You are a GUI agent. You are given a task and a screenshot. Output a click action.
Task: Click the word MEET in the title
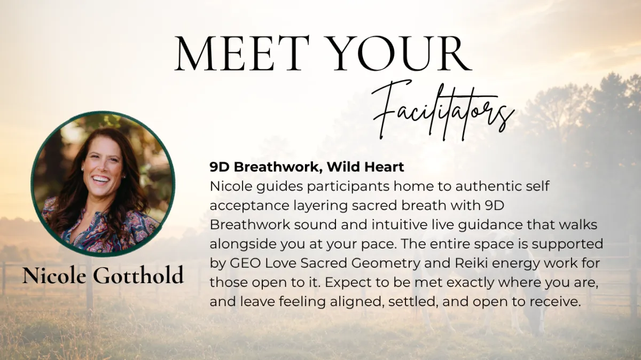pos(242,53)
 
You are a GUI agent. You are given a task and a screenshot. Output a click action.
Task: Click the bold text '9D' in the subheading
pos(220,167)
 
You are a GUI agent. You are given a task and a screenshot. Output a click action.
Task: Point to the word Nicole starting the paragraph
pos(231,186)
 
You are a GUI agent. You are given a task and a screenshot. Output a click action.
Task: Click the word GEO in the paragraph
pos(246,263)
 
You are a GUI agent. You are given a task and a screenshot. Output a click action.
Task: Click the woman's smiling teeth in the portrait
pos(101,179)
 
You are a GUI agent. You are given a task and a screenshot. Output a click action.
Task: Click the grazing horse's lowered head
pos(535,320)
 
